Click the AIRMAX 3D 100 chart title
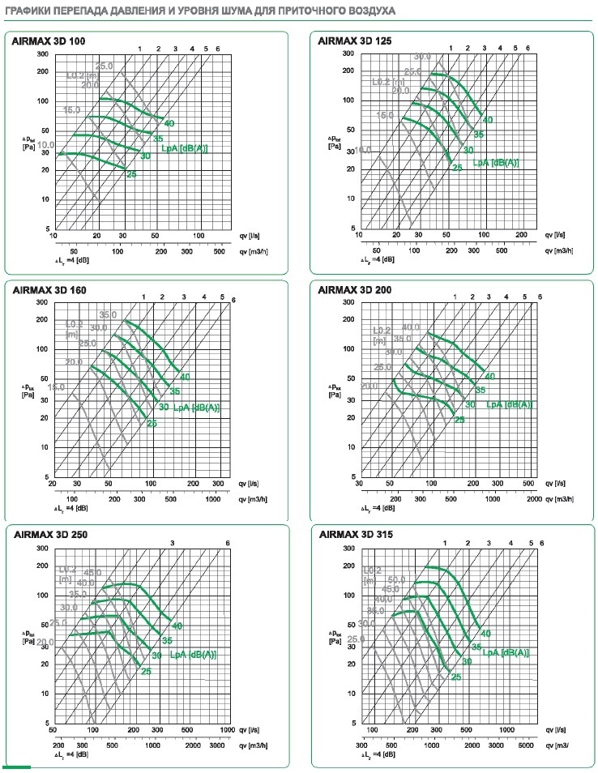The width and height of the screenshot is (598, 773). point(49,40)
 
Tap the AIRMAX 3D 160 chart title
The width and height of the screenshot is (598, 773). point(49,288)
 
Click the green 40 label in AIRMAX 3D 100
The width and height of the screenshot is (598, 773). point(169,123)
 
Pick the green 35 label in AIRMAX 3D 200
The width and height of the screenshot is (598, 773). point(480,390)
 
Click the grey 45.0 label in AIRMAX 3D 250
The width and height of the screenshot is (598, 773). point(92,572)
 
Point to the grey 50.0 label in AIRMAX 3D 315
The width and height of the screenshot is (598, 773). point(397,580)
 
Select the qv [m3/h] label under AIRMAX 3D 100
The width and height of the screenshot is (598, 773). point(254,251)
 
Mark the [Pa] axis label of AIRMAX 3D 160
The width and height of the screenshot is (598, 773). point(27,396)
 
